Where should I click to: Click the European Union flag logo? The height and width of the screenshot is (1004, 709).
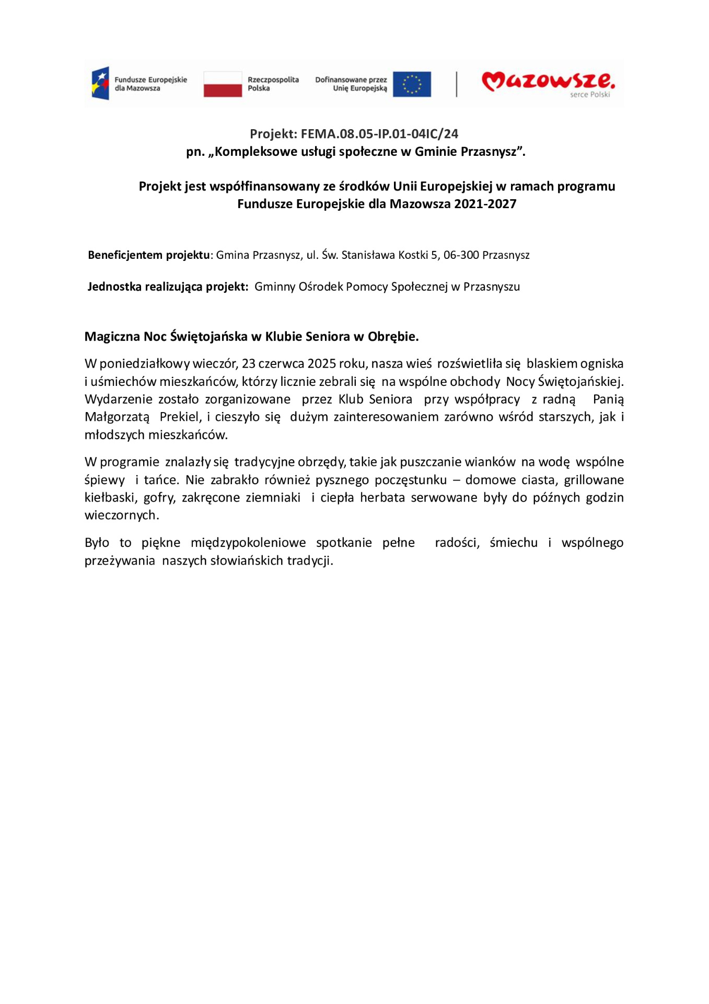click(x=412, y=84)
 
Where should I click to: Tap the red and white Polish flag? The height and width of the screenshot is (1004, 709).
click(x=223, y=84)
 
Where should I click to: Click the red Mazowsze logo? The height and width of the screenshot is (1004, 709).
click(x=548, y=81)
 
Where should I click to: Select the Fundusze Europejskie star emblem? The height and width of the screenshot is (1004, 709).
click(x=100, y=83)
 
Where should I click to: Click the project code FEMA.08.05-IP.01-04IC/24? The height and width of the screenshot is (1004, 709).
click(x=379, y=134)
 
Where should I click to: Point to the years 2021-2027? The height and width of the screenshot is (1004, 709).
click(x=485, y=204)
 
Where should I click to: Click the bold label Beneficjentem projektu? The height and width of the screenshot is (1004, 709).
click(x=148, y=255)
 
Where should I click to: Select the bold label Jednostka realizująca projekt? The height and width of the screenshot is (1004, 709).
click(x=167, y=287)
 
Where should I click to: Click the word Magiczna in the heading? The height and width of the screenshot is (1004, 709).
click(x=112, y=336)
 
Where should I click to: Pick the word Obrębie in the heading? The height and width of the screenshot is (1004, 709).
click(x=393, y=336)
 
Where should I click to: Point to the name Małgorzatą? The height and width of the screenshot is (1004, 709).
click(x=117, y=417)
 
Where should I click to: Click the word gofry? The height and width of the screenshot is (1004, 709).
click(x=159, y=497)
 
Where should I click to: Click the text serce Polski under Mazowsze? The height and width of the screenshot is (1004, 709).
click(x=590, y=95)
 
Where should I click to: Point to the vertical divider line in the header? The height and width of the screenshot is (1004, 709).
click(x=457, y=84)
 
